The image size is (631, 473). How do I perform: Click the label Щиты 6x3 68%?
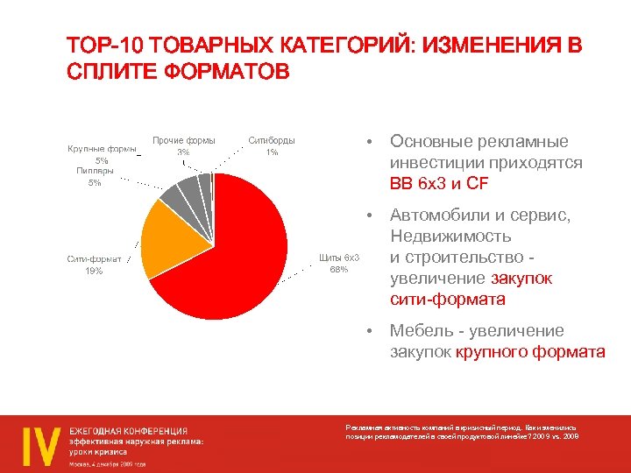click(339, 263)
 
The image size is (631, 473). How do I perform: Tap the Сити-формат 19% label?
click(94, 265)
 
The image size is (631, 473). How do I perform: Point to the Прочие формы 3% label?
click(184, 145)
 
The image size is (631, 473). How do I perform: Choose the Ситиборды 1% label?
click(272, 145)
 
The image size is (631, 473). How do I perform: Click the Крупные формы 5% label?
click(102, 154)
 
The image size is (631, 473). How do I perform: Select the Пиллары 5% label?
click(94, 177)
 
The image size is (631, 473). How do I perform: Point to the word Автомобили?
click(439, 215)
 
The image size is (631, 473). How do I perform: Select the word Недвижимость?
click(450, 236)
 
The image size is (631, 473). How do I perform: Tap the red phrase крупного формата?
click(531, 352)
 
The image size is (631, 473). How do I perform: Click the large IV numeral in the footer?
click(39, 443)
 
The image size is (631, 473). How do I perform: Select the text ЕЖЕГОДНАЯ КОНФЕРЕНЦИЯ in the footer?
click(129, 430)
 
